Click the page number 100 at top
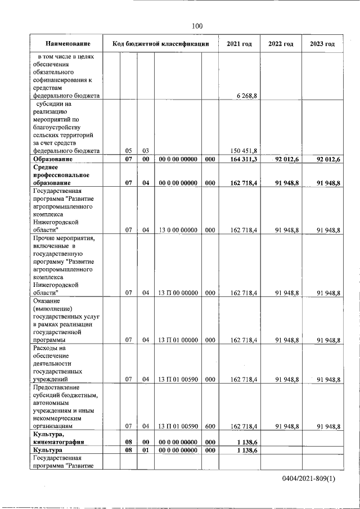click(197, 25)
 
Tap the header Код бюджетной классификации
click(161, 44)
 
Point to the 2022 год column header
click(281, 44)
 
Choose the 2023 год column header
click(322, 44)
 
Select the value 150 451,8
click(244, 151)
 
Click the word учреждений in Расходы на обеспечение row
click(49, 380)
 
